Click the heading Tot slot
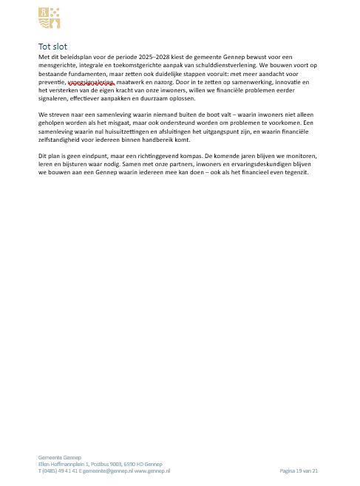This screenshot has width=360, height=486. pos(52,46)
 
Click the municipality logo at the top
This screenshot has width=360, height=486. pos(50,17)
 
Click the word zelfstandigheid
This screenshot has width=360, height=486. pos(63,143)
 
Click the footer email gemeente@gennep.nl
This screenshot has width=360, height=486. pos(107,470)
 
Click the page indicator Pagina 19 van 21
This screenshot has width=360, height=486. pos(299,470)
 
